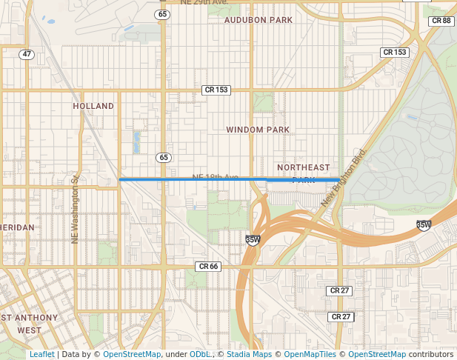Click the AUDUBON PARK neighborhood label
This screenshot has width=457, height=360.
coord(258,20)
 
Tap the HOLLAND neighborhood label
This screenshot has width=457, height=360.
coord(93,106)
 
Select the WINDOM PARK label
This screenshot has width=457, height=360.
coord(258,130)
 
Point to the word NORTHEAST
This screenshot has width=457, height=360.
coord(303,167)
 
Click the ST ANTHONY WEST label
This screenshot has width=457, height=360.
coord(29,324)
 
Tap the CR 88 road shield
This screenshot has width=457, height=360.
coord(441,21)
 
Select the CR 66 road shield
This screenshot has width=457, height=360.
coord(209,266)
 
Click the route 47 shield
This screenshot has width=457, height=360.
coord(27,54)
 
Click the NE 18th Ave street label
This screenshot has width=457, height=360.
coord(215,177)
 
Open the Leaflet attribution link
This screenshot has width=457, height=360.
coord(41,354)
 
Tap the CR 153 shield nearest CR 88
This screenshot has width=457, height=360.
coord(394,52)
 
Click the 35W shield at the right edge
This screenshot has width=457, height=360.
coord(424,224)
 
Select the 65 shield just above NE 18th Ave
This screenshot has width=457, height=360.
coord(163,157)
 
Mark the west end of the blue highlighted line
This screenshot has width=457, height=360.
coord(120,179)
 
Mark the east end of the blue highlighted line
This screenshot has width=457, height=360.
coord(339,179)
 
